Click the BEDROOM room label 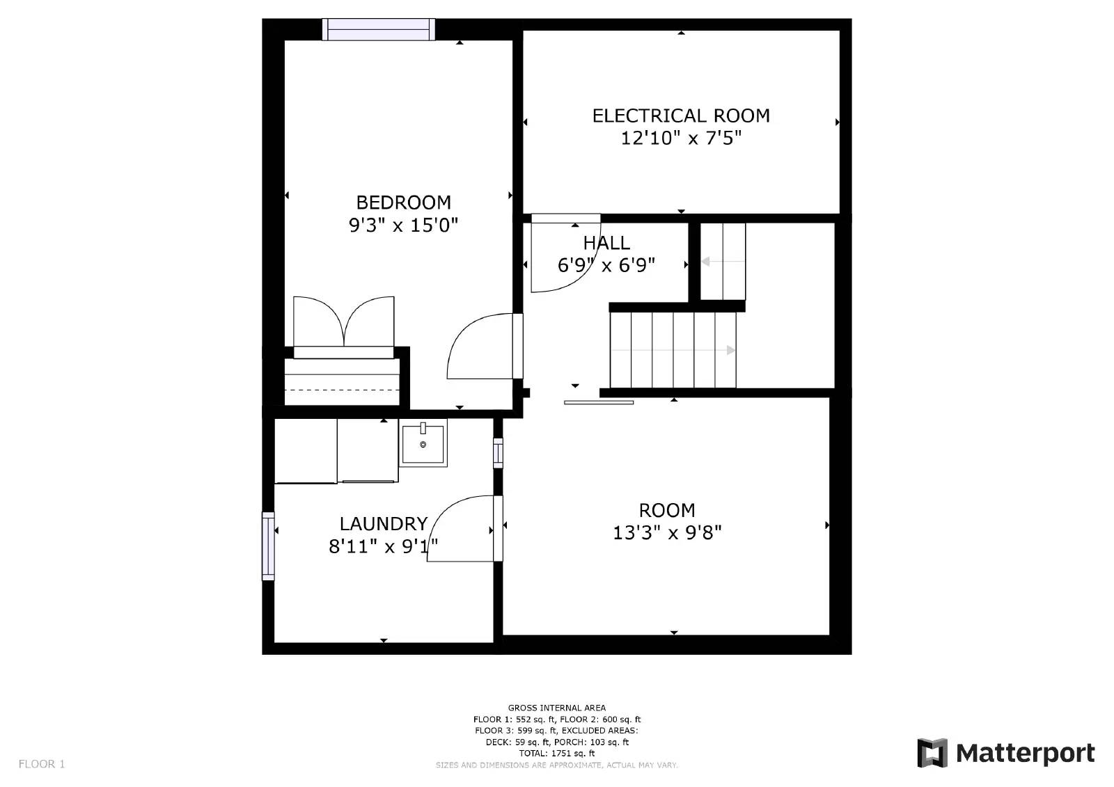tap(403, 202)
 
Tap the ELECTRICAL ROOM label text tap(680, 116)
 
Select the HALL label tap(606, 243)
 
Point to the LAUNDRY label tap(383, 524)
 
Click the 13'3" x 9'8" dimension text tap(666, 533)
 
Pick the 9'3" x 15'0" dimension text tap(403, 225)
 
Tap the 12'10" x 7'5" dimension tap(680, 138)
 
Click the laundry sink tap(423, 443)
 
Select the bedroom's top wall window tap(378, 29)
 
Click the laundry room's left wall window tap(268, 546)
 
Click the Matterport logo tap(1005, 753)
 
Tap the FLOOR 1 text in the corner tap(42, 764)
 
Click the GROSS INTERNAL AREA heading tap(556, 708)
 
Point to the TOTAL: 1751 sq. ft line tap(556, 753)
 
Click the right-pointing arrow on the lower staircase tap(730, 350)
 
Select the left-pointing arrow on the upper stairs tap(705, 262)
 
